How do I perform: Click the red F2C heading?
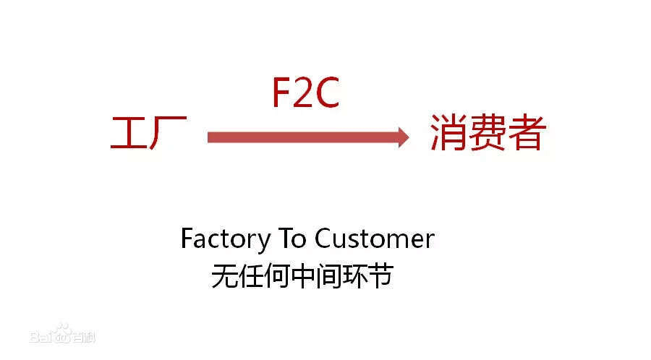coord(305,92)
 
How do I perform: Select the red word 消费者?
coord(487,134)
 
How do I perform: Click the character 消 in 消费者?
coord(448,134)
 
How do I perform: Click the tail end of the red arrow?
coord(211,137)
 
